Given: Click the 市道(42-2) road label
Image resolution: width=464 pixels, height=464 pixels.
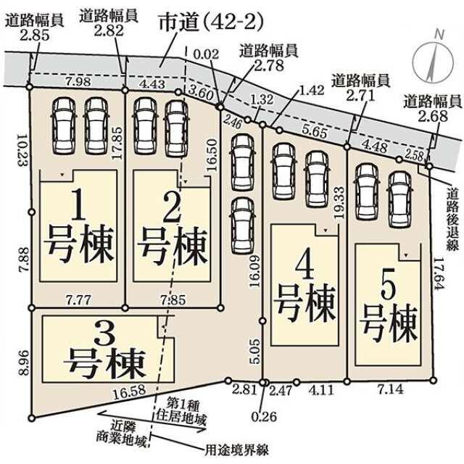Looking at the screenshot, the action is point(211,22).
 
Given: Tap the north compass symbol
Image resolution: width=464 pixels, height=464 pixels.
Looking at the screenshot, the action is point(433,60).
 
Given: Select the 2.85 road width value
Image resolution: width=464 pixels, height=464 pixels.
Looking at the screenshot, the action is point(35,36).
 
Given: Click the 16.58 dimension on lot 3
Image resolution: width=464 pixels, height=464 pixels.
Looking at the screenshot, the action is point(129,391).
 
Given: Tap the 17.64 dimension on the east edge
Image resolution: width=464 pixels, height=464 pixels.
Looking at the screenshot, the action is point(439,273).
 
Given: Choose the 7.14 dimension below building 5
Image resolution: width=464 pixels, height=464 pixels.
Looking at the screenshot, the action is point(391,389).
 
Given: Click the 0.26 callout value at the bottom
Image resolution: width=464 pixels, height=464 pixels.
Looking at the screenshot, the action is point(264,417).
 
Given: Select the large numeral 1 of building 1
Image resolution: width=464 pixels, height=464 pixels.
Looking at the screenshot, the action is point(79,205).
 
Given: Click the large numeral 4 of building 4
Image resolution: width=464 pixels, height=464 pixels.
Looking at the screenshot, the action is point(304,266).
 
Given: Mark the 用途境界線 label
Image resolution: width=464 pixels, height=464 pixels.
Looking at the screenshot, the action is point(237,450).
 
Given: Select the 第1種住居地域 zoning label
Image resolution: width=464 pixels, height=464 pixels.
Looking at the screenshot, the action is point(181,411).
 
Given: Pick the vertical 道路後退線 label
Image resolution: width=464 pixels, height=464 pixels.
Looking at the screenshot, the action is point(452,219).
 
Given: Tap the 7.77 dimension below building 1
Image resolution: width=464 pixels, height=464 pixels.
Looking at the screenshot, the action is point(78,300).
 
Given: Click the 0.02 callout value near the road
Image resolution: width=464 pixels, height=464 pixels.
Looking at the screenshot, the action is point(206,54).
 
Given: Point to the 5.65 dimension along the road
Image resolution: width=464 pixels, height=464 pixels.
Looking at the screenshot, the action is point(315,131).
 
